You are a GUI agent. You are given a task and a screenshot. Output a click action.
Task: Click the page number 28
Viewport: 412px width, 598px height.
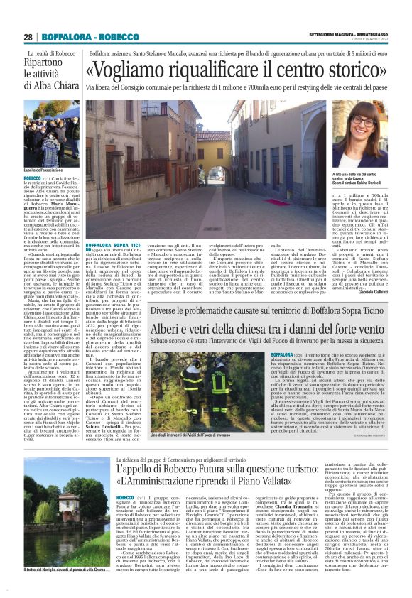(28, 37)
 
